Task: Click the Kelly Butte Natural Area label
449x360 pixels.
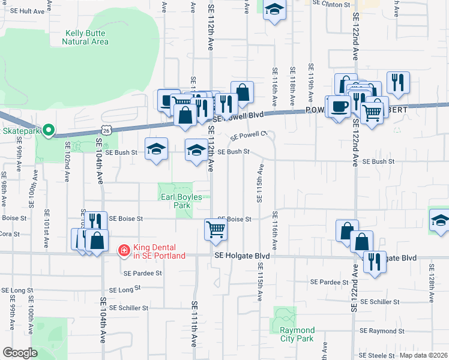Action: [x=85, y=37]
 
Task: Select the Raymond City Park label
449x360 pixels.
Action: [x=297, y=335]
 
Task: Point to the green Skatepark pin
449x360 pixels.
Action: [x=49, y=130]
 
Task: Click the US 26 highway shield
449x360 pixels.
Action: [x=106, y=129]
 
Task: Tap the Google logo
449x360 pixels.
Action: [x=20, y=353]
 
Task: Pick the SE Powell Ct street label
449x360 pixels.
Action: [x=248, y=136]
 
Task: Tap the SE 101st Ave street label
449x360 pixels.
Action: [x=47, y=225]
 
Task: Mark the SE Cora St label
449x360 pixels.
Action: [x=10, y=234]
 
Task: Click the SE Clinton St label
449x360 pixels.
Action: [x=337, y=4]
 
